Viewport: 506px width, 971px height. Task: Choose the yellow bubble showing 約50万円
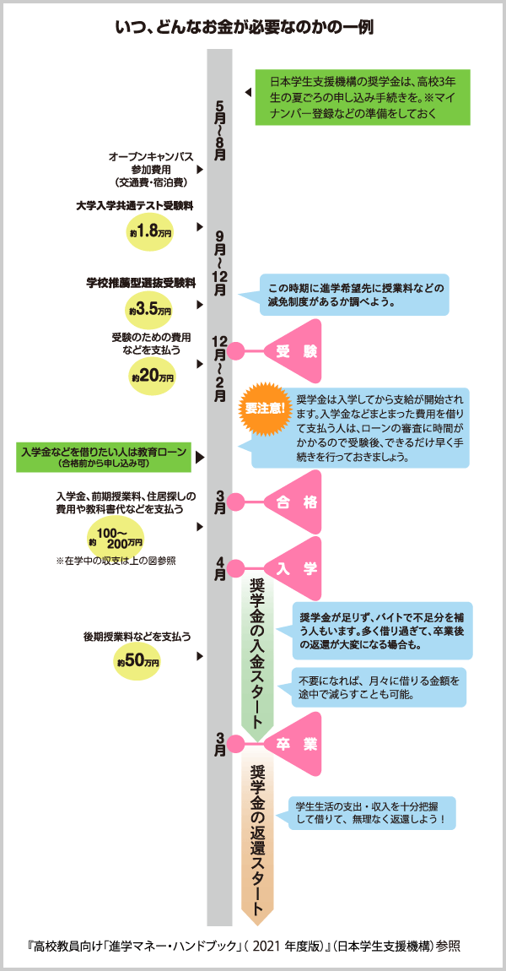tap(138, 660)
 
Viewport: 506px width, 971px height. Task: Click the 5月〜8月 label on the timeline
tap(220, 131)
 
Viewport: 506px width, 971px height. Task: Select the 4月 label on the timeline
tap(220, 569)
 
